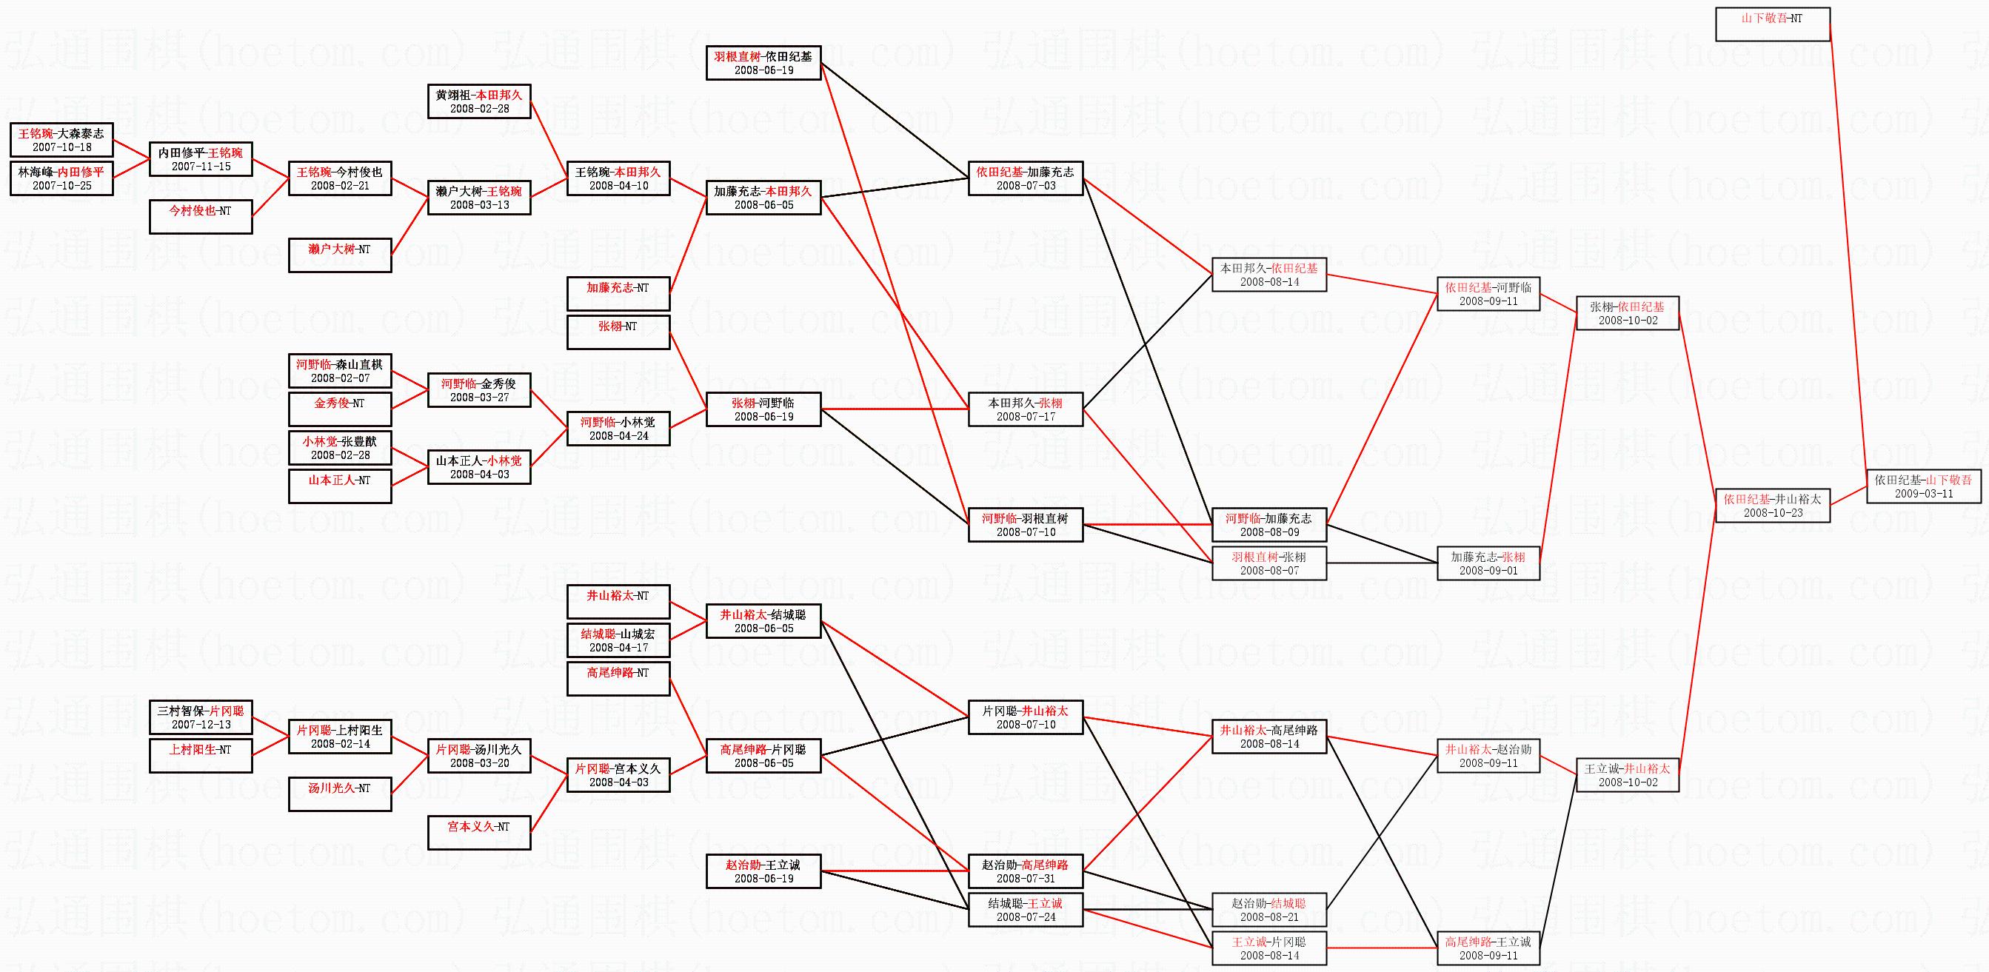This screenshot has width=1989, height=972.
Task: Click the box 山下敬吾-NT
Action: coord(1772,24)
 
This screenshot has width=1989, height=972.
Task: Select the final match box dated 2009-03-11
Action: coord(1923,486)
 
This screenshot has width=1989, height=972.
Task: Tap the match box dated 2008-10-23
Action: coord(1772,506)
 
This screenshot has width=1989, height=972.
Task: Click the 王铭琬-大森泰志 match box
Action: coord(61,140)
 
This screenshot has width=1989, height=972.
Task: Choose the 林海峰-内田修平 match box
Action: coord(61,178)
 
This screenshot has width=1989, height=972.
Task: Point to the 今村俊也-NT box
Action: coord(200,216)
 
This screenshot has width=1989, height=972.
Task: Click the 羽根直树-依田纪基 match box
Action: coord(763,62)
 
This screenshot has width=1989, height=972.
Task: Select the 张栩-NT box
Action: coord(618,332)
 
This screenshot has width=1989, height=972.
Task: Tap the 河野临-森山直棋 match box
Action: coord(340,371)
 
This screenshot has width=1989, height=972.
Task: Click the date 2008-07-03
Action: coord(1026,186)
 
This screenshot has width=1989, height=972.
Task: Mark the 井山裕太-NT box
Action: coord(618,601)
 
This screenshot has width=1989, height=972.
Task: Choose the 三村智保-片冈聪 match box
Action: coord(200,717)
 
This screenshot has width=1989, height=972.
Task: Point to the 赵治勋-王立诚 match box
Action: coord(763,871)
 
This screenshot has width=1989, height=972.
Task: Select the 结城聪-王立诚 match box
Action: coord(1026,910)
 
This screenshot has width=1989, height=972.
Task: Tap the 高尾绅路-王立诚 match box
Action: coord(1488,948)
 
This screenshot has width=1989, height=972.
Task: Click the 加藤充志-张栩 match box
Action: coord(1488,563)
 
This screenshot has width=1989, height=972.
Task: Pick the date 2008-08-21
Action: coord(1268,917)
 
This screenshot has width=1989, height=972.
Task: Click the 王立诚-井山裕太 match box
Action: coord(1627,774)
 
